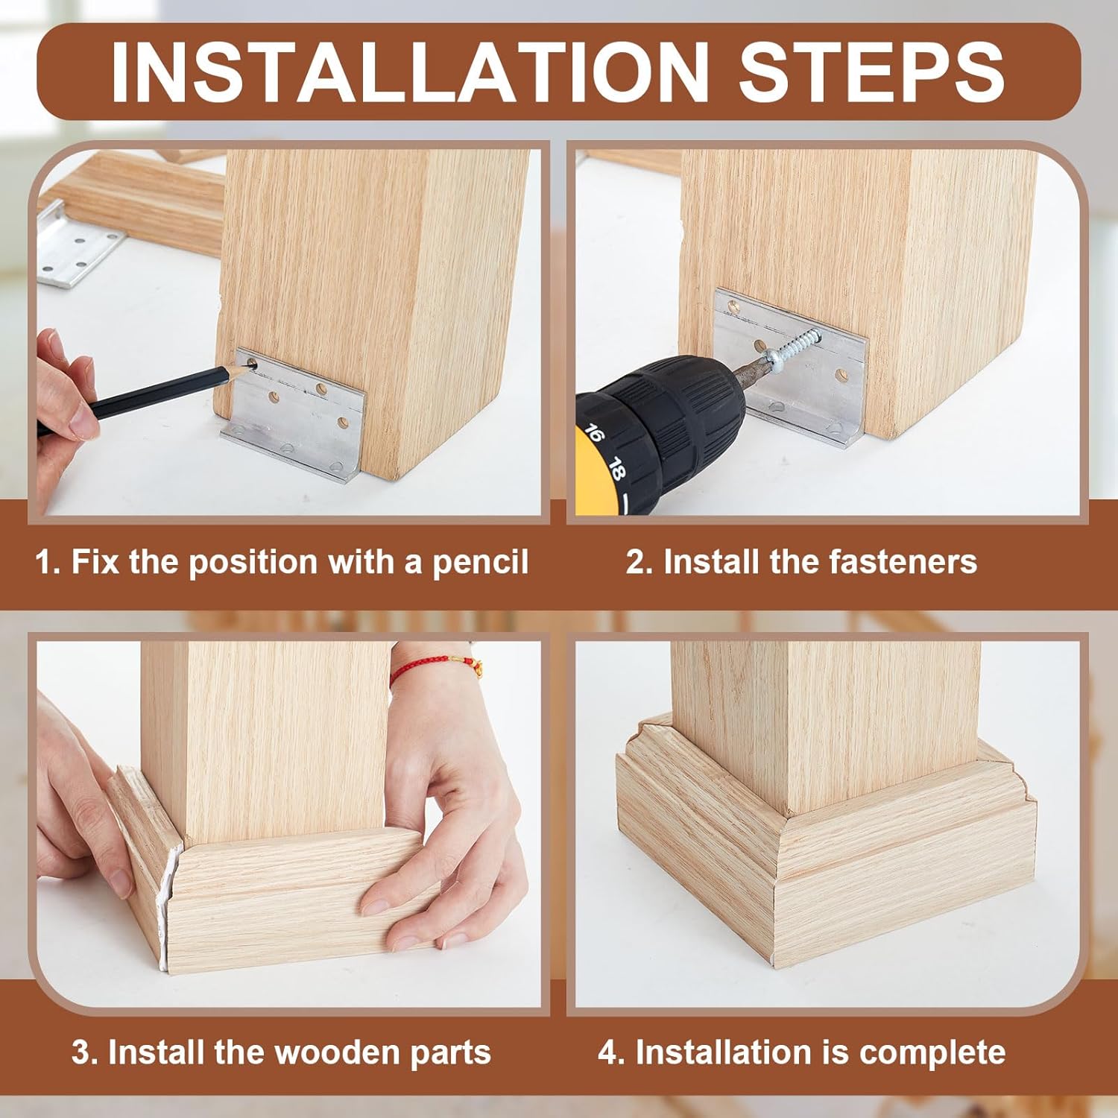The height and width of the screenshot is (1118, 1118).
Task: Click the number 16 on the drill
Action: (x=594, y=433)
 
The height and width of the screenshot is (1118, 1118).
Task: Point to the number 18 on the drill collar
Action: (x=616, y=469)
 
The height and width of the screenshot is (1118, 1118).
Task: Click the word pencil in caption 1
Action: (x=480, y=562)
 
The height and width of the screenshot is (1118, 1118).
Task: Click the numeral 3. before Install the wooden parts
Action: (x=83, y=1052)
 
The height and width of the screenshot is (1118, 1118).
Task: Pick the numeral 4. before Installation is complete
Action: (x=610, y=1052)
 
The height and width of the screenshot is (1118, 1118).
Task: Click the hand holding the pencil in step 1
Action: (x=67, y=395)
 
